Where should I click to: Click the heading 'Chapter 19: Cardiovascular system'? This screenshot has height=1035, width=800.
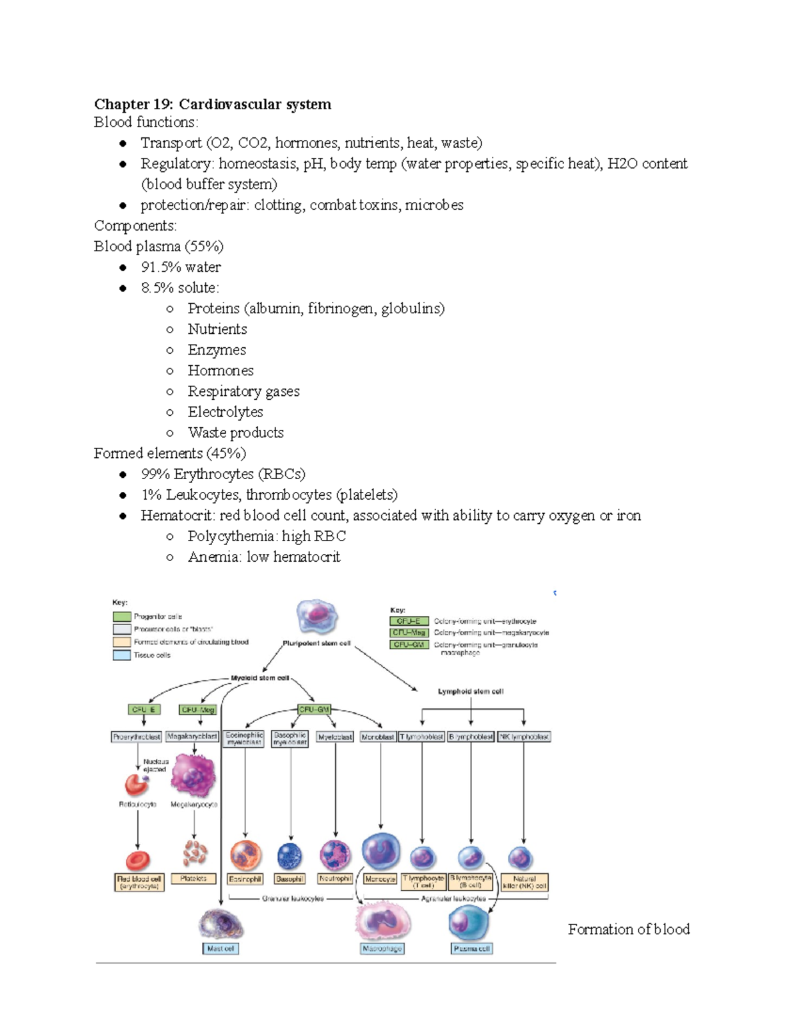(212, 104)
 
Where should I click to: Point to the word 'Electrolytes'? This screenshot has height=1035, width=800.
(225, 412)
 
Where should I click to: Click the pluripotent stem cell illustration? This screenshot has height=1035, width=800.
(317, 616)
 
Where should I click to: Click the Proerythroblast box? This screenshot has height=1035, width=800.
(137, 736)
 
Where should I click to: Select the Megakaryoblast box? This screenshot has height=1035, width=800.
(192, 736)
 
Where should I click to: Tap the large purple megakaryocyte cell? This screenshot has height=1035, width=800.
(193, 775)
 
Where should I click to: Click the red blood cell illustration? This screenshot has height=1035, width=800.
(138, 860)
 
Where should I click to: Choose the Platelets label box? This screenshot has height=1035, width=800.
(193, 879)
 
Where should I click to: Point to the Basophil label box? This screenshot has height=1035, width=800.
(289, 879)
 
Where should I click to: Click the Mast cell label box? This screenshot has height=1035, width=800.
(220, 948)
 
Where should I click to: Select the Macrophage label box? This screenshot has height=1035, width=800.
(382, 948)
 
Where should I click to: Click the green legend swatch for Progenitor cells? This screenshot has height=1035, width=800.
(121, 616)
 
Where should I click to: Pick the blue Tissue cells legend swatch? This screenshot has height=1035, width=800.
(121, 655)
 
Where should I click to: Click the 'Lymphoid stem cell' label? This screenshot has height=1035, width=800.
(470, 691)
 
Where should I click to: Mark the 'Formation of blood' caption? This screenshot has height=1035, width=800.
(628, 929)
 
